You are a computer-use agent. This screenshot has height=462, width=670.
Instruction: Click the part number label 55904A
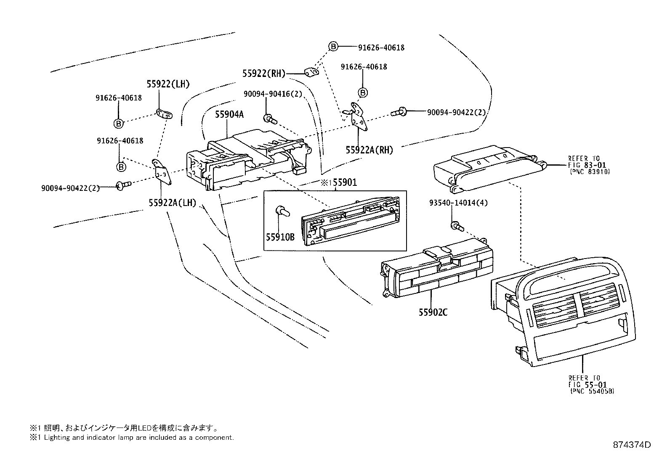(229, 114)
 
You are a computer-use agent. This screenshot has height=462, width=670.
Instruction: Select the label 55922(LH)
(168, 84)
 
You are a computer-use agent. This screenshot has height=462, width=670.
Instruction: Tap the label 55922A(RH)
(369, 150)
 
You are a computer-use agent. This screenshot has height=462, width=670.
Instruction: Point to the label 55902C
(433, 312)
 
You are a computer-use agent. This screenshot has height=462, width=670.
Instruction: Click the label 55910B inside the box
(279, 237)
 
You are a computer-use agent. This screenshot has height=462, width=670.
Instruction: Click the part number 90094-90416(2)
(273, 94)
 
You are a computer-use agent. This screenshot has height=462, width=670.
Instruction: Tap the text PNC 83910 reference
(590, 172)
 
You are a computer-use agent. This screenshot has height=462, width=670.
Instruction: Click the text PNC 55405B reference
(592, 391)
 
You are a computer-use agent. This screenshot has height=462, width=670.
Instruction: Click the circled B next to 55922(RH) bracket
(333, 47)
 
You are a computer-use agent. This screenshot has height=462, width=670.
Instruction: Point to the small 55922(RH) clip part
(312, 73)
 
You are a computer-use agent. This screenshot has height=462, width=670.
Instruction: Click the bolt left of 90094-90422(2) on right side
(399, 112)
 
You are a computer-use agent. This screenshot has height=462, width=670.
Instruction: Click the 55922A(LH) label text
(172, 203)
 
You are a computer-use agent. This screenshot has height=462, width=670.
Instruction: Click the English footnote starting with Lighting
(131, 438)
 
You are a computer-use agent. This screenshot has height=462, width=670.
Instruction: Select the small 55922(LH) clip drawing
(164, 114)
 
